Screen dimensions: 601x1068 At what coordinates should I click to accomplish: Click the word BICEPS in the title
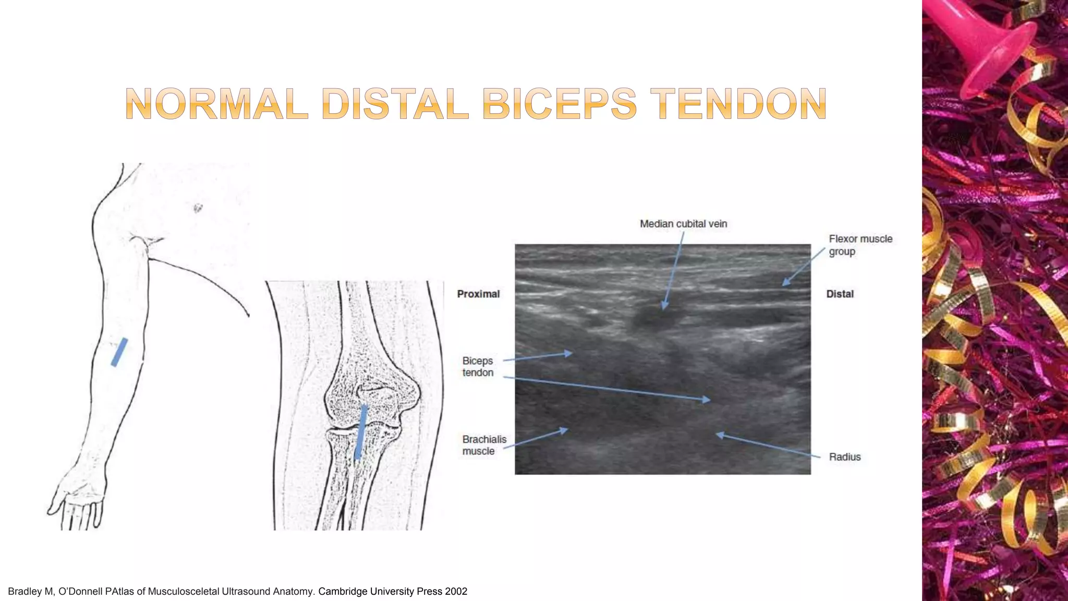tap(559, 104)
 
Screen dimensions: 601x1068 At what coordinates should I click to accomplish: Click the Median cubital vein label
tap(683, 224)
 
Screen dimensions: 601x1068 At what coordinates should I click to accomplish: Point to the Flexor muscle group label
tap(860, 245)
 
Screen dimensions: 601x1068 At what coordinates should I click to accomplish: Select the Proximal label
tap(478, 294)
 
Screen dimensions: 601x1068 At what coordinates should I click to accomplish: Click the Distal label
tap(840, 294)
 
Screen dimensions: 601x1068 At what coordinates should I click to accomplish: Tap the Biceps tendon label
tap(478, 366)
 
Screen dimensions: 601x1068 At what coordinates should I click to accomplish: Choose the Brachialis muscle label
tap(484, 445)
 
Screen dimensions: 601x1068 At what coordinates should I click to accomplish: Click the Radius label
tap(845, 457)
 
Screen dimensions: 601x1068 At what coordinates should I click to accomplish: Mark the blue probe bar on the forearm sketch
tap(119, 352)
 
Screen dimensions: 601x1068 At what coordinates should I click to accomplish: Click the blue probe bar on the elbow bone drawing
tap(361, 432)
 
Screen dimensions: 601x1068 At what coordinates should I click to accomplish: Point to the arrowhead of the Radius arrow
tap(718, 434)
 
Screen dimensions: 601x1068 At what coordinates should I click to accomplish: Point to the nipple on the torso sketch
tap(198, 209)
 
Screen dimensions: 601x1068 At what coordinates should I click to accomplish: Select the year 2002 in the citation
tap(456, 591)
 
